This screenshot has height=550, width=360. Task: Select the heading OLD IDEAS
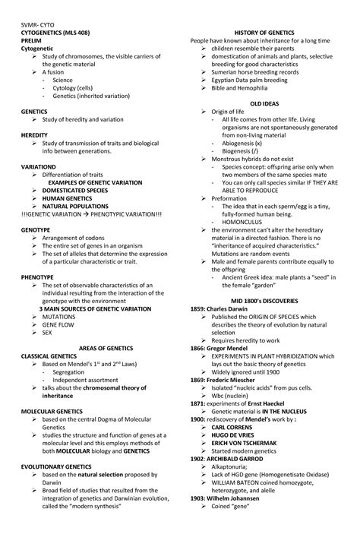tap(264, 103)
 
